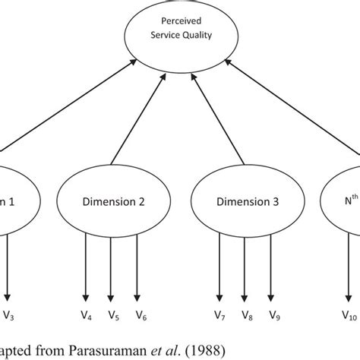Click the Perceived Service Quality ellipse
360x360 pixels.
click(180, 35)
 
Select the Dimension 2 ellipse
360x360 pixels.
click(112, 203)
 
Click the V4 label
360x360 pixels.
click(87, 314)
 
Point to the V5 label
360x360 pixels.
click(113, 314)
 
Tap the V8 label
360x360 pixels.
click(244, 314)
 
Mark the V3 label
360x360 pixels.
click(9, 314)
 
